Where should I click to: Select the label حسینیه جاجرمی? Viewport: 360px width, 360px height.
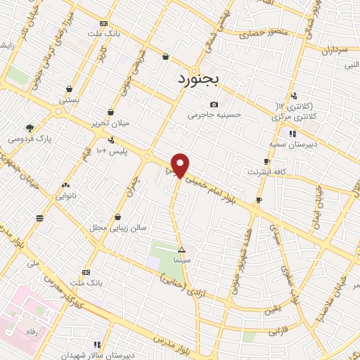[x=214, y=114]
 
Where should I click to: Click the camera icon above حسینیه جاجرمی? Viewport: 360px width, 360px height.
[x=214, y=104]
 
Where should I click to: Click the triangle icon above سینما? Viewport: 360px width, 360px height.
[x=182, y=250]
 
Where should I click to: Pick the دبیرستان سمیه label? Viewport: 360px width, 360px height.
[x=290, y=143]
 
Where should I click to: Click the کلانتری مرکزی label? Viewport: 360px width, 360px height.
[x=293, y=115]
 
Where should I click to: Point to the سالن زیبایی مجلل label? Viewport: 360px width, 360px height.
[x=117, y=228]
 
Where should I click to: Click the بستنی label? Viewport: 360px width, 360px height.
[x=69, y=100]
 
